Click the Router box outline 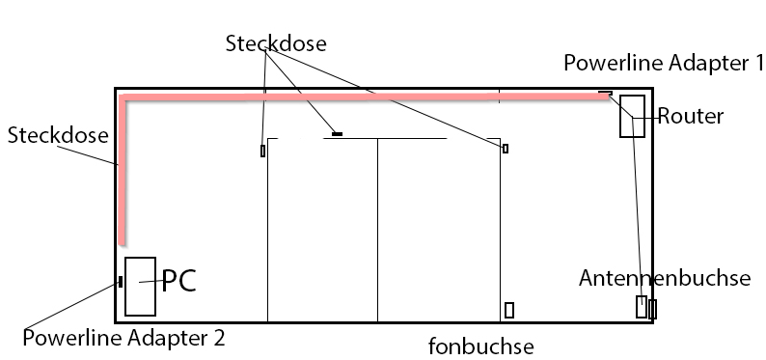pos(632,116)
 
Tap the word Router pos(691,117)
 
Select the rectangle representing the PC pos(140,286)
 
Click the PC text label pos(178,281)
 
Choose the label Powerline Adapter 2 pos(123,338)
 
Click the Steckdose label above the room pos(276,43)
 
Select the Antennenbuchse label pos(665,278)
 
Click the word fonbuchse pos(481,346)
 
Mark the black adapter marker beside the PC pos(120,282)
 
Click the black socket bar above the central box pos(337,134)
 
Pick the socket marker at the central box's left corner pos(262,151)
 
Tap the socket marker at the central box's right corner pos(505,149)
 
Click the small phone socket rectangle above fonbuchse pos(509,310)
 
